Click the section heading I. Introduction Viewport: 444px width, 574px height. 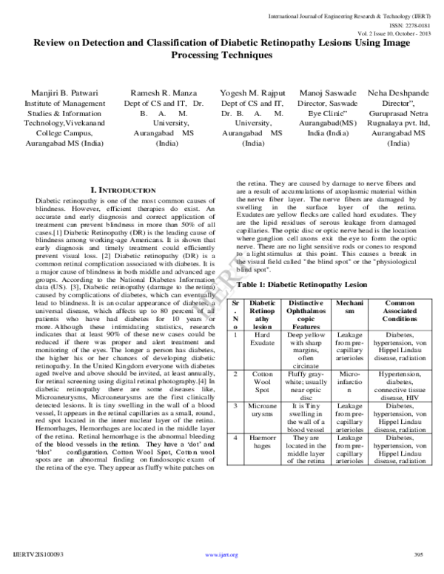tap(122, 191)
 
